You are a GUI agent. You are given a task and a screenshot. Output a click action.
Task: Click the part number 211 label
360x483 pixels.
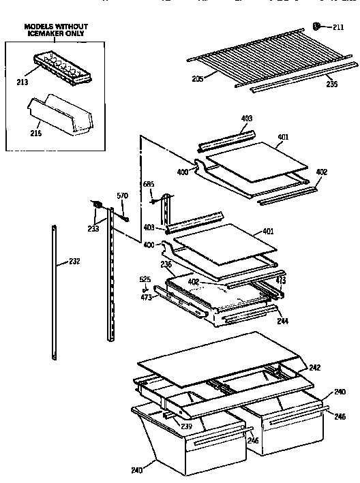tap(339, 27)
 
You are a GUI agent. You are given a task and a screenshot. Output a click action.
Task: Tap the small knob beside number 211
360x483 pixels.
tap(318, 26)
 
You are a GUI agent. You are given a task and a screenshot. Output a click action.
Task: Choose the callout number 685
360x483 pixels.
tap(148, 183)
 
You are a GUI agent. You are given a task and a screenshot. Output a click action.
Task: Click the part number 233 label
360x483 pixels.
tap(93, 229)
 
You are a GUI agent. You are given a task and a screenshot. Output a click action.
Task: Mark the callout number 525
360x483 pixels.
tap(145, 280)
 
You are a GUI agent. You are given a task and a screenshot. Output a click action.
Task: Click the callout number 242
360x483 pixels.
tap(314, 368)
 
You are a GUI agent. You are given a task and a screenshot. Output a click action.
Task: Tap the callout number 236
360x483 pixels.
tap(165, 264)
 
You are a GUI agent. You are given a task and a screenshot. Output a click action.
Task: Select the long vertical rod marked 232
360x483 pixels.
tap(53, 293)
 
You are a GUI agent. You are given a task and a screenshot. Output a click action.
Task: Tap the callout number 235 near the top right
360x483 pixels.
tap(331, 85)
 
